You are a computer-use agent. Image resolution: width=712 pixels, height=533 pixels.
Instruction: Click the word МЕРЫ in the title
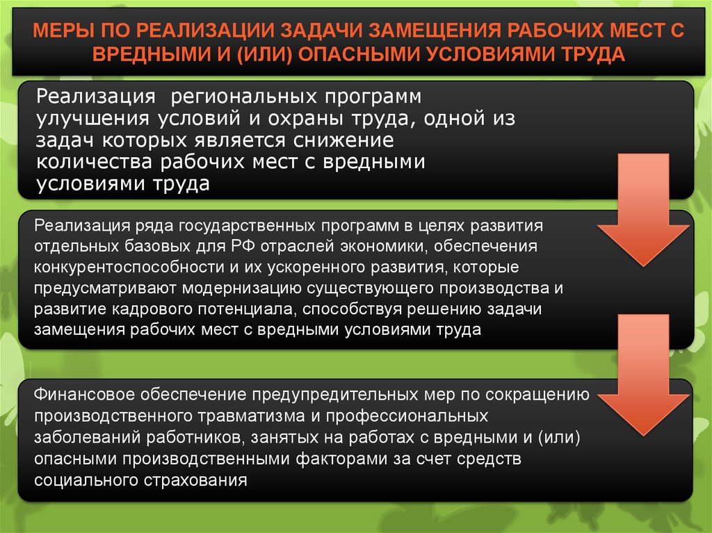(x=63, y=31)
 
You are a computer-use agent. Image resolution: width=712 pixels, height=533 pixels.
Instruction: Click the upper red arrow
(x=643, y=209)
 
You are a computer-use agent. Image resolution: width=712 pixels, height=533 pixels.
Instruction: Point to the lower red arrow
(x=643, y=375)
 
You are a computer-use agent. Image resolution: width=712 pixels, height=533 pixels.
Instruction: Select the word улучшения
(x=92, y=119)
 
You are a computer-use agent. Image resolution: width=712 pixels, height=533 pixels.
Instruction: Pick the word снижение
(x=343, y=140)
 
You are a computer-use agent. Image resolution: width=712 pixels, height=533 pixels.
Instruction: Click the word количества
(x=94, y=162)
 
